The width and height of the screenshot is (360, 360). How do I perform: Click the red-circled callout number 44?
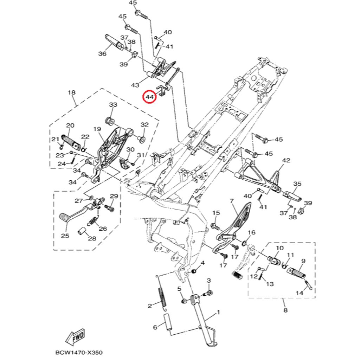[150, 97]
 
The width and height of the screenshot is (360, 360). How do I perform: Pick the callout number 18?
[72, 93]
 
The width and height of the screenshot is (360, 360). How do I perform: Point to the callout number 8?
[285, 310]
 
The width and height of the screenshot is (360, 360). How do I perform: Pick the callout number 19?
[97, 129]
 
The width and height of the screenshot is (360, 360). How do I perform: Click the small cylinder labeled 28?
[82, 232]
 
